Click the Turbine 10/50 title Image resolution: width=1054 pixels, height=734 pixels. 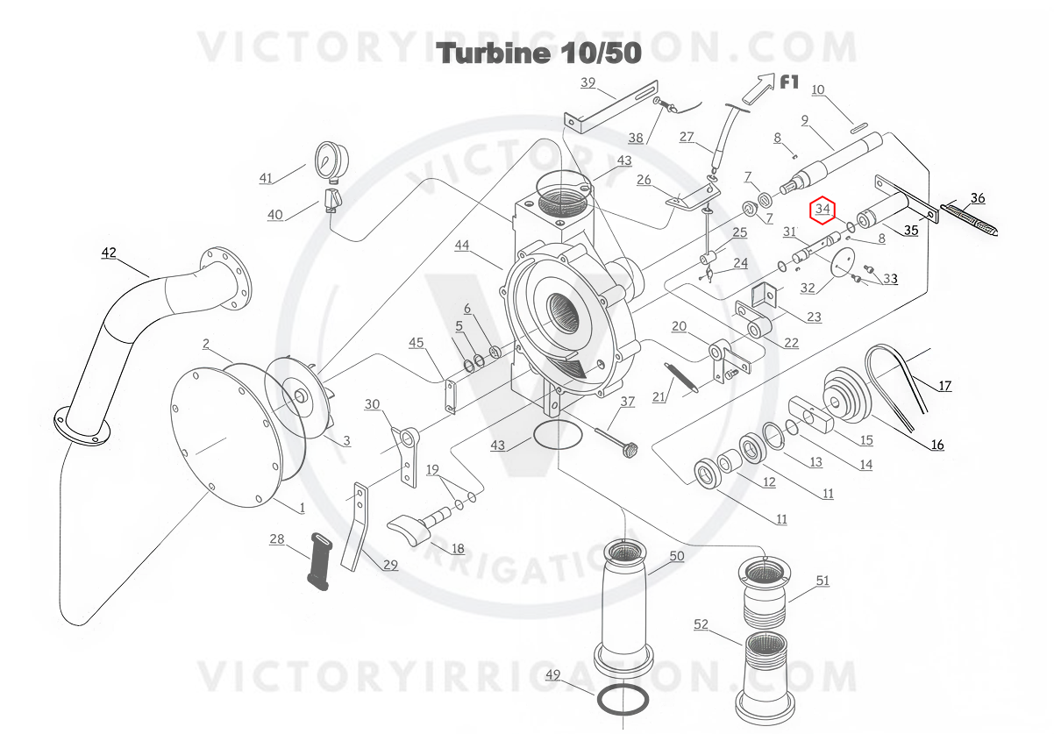pos(539,53)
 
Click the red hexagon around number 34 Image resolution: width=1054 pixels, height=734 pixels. pos(823,209)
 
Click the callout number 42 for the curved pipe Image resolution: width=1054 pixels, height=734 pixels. pos(109,253)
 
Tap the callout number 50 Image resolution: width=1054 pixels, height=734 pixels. pos(676,556)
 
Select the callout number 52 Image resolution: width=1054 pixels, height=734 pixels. pos(701,624)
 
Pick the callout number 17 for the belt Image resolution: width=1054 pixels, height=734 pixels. pos(944,385)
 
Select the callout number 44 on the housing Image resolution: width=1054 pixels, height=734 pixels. pos(462,246)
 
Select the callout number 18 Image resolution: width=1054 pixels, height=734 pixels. pos(458,549)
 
